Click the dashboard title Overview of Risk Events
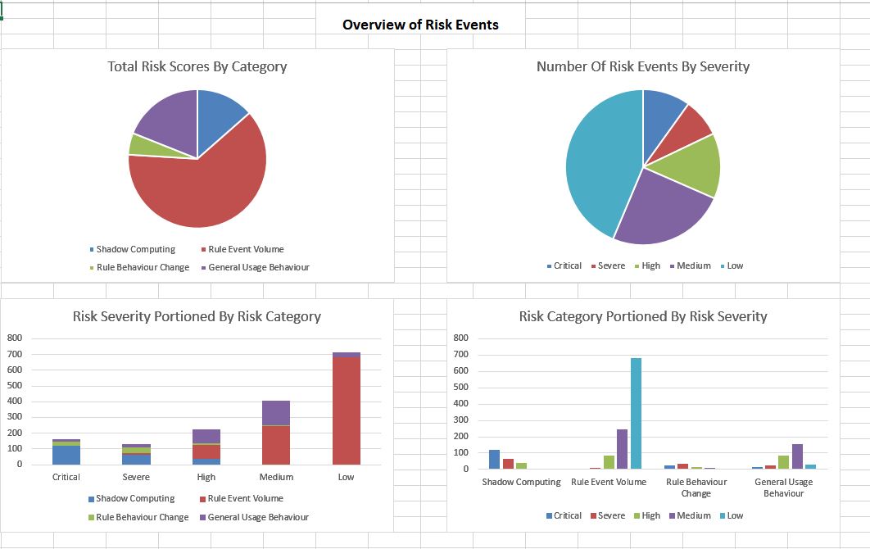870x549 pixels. (x=420, y=25)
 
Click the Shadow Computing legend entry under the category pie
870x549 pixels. (x=135, y=249)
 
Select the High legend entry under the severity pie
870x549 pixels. (x=650, y=265)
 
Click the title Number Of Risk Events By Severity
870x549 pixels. (x=642, y=66)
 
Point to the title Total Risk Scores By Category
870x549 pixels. (x=197, y=66)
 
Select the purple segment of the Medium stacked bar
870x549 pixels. (x=276, y=413)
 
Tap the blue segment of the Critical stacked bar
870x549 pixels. (x=66, y=455)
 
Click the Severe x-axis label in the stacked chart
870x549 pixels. (x=136, y=477)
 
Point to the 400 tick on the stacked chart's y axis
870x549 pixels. (x=15, y=401)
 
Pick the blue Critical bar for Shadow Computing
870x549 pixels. (x=494, y=459)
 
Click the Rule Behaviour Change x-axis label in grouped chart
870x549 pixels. (x=696, y=488)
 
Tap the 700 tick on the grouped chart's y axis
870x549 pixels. (x=460, y=354)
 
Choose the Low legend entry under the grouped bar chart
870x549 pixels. (x=735, y=515)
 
